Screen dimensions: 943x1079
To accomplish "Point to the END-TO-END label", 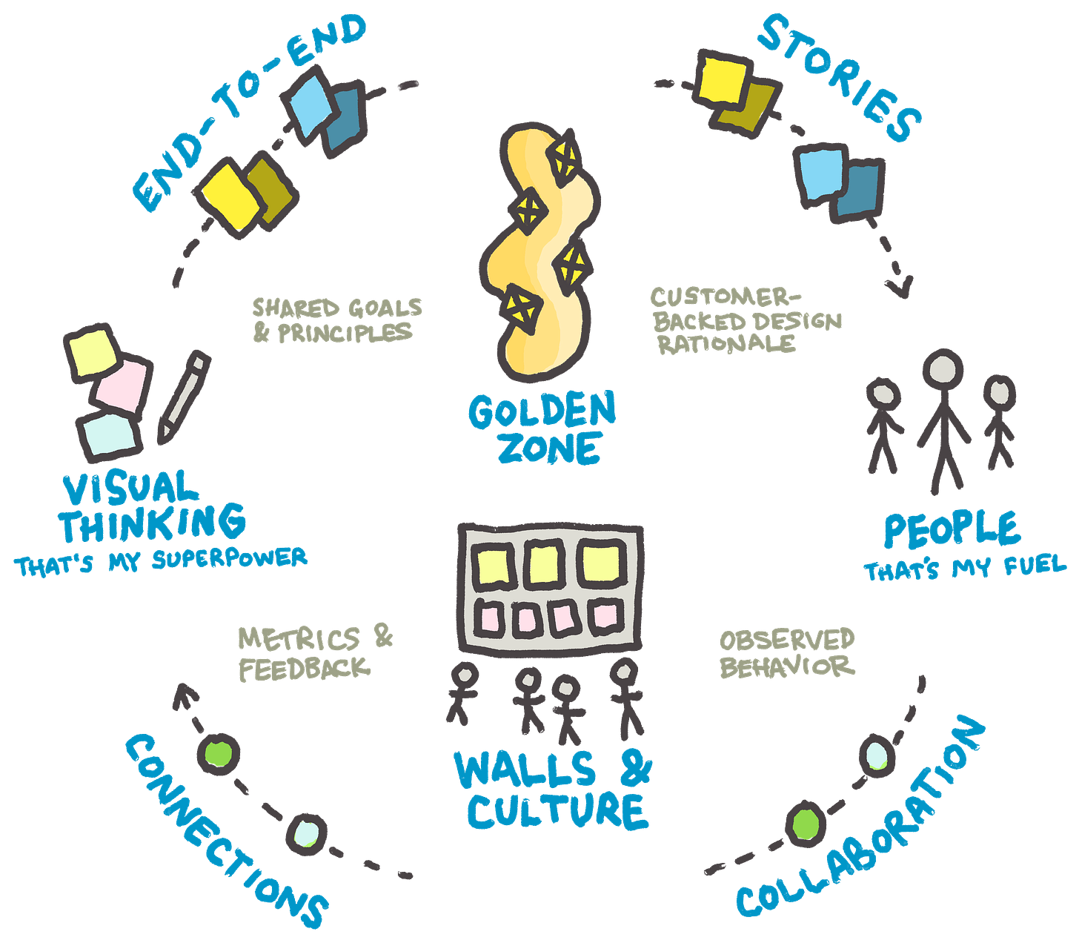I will [x=245, y=111].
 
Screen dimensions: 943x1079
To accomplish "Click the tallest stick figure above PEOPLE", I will [x=943, y=423].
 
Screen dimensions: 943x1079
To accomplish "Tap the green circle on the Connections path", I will [x=218, y=754].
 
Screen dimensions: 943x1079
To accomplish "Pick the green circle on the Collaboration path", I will [x=806, y=822].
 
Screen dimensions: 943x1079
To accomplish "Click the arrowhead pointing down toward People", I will [x=899, y=285].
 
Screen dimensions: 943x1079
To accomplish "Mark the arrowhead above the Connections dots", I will [x=183, y=697].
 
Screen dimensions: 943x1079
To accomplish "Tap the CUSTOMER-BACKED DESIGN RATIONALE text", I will [x=745, y=320].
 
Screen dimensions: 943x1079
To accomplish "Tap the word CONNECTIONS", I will [x=222, y=830].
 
